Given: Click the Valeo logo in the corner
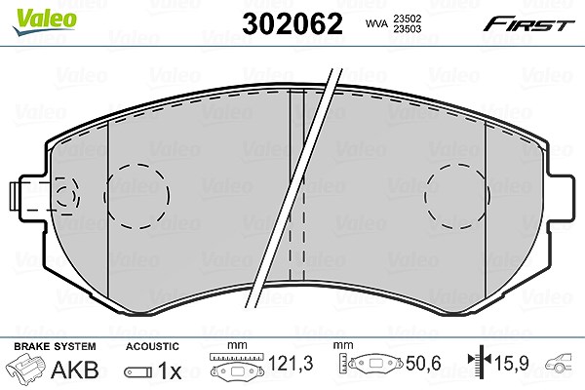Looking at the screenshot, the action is pyautogui.click(x=45, y=22).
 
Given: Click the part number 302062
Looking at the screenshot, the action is pyautogui.click(x=292, y=23).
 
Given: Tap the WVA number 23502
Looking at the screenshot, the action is pyautogui.click(x=406, y=19).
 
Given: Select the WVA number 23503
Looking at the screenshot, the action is pyautogui.click(x=406, y=28).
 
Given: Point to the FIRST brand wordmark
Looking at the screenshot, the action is pyautogui.click(x=528, y=24).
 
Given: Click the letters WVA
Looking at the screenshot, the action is pyautogui.click(x=376, y=23).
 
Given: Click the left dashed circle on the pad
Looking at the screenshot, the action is pyautogui.click(x=136, y=196).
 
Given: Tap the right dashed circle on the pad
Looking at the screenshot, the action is pyautogui.click(x=457, y=196).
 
